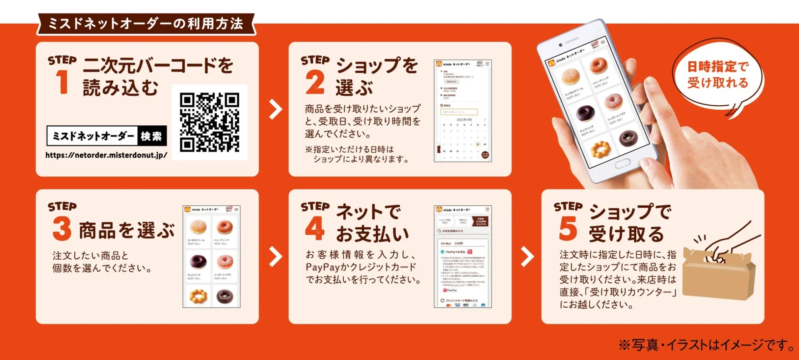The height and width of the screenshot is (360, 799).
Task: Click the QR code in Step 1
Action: pos(209,122)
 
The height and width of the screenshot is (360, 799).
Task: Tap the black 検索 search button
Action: pos(152,136)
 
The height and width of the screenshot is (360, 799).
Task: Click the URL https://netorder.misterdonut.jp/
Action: pos(106,155)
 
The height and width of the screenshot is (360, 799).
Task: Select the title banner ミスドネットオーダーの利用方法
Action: pos(146,24)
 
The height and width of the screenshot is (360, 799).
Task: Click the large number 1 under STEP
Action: pos(62,82)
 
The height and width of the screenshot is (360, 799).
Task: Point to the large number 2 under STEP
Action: pos(315,82)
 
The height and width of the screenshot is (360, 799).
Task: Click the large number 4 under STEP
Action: pos(315,228)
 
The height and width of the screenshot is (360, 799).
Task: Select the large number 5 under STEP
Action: pos(568,228)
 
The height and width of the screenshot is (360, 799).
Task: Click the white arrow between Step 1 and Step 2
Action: pos(275,109)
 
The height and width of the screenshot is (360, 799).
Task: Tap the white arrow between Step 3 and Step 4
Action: pos(275,257)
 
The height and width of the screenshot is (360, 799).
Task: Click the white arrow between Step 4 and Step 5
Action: pos(527,257)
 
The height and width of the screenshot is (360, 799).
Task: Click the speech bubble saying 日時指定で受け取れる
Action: pos(717,75)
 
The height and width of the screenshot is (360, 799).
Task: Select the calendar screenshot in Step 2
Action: pos(463,111)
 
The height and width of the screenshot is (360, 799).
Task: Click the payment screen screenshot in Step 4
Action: pos(463,257)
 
